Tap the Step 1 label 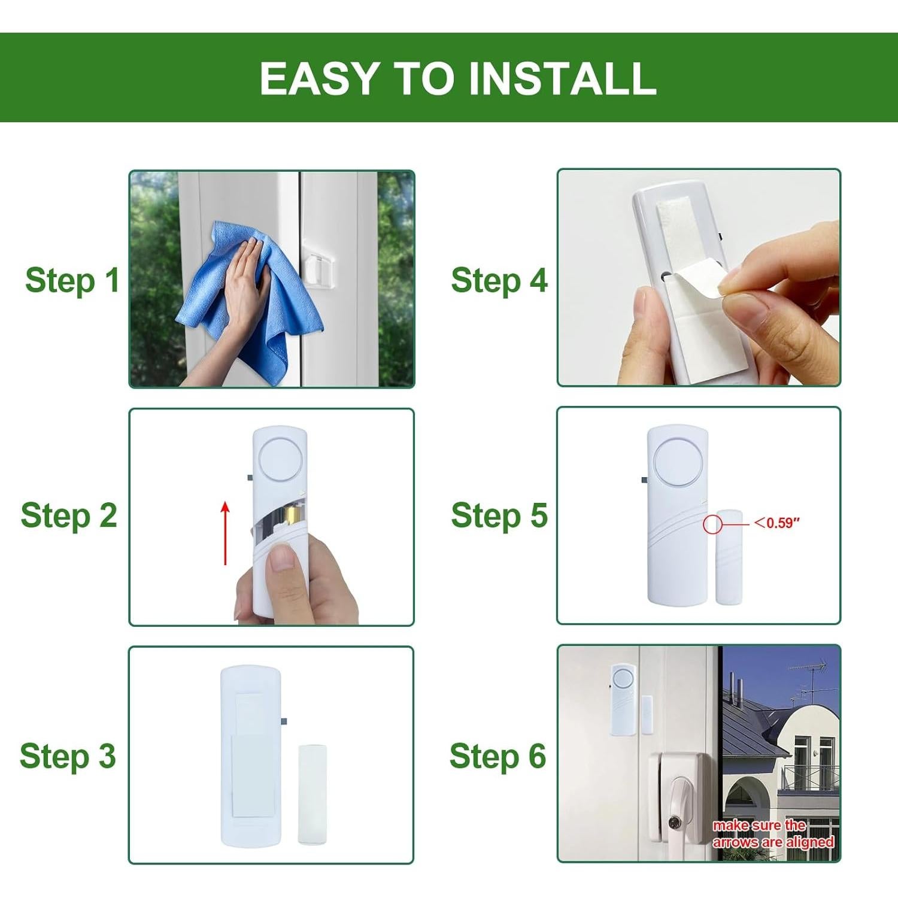72,280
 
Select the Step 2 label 69,515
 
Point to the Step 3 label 68,756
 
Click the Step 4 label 499,280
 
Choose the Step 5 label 499,515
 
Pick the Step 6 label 497,756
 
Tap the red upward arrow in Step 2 225,533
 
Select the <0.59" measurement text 777,523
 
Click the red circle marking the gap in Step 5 712,524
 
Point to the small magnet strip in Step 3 313,794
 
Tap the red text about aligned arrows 773,833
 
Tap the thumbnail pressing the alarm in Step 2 281,559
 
